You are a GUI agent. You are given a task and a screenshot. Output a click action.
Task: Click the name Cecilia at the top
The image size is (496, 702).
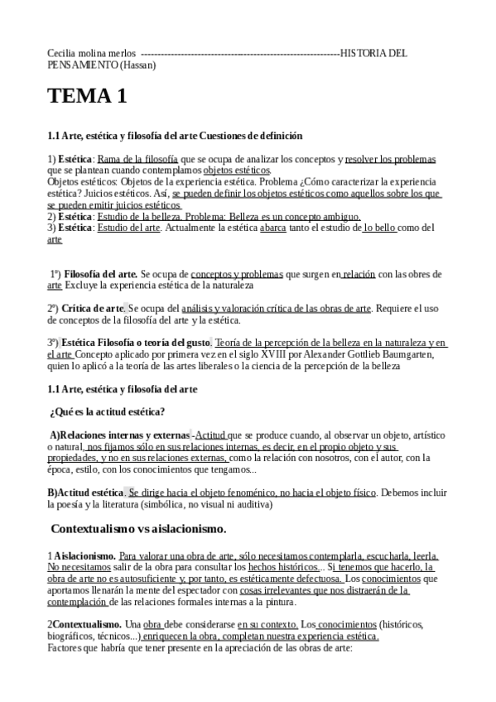(64, 53)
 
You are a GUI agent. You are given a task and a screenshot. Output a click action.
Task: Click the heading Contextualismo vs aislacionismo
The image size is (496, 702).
(139, 528)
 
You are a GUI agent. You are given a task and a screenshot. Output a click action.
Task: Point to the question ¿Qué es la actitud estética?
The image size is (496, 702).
(108, 411)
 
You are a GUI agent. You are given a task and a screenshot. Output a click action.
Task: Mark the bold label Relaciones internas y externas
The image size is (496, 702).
(124, 434)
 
